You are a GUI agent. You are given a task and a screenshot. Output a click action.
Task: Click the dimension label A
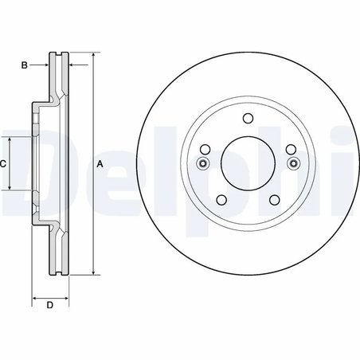[100, 164]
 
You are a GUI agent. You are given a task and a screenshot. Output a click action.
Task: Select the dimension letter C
[3, 164]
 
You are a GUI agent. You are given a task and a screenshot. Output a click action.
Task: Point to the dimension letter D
[49, 305]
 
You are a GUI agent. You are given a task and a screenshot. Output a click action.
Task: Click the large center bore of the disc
[247, 163]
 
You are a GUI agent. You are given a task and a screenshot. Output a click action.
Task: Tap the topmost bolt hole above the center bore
[247, 119]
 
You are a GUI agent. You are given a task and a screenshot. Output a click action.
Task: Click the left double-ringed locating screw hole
[201, 164]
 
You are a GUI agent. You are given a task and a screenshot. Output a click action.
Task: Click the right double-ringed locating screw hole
[293, 164]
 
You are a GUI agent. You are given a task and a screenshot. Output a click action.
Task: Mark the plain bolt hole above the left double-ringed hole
[205, 150]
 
